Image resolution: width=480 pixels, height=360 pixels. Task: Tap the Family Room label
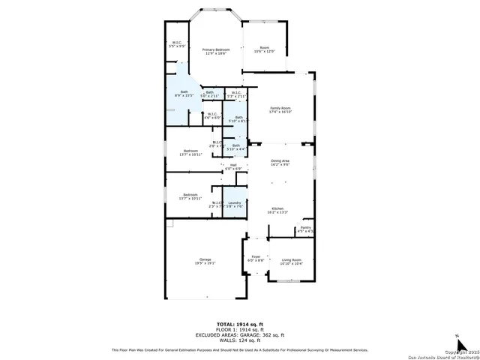(280, 109)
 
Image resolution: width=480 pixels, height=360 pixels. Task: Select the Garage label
(205, 261)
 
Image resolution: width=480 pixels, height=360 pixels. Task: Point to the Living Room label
(291, 261)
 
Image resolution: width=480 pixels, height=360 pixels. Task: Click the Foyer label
(256, 259)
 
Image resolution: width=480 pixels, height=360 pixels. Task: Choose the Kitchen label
(277, 211)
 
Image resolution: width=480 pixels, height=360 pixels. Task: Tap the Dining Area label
(280, 162)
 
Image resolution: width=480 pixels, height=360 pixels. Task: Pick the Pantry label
(305, 229)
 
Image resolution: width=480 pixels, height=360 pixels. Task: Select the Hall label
(233, 166)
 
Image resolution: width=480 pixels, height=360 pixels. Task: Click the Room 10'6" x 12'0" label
(265, 49)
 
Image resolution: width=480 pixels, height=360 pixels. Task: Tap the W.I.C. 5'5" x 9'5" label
(177, 44)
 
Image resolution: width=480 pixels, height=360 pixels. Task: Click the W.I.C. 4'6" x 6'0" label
(212, 116)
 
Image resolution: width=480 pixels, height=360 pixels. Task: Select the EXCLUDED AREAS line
(239, 334)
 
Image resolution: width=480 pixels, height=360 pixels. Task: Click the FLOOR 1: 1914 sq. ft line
(239, 330)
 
